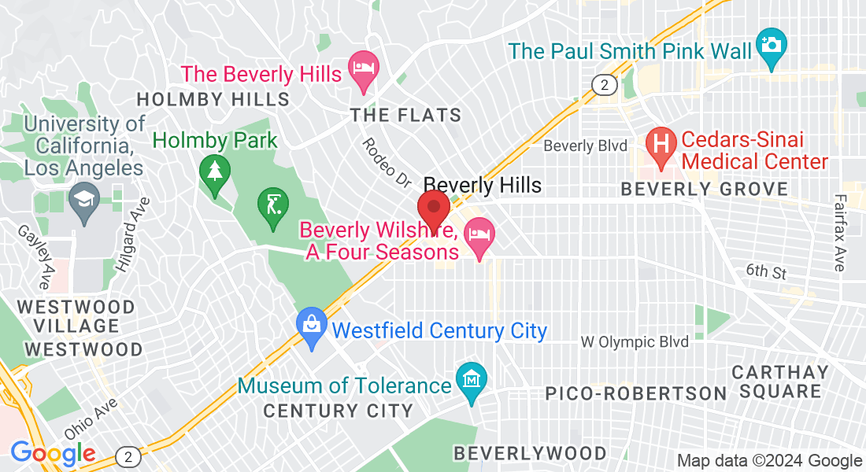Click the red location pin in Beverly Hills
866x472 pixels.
pos(433,210)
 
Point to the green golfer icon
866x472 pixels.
pos(272,207)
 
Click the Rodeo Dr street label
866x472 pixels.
pos(387,163)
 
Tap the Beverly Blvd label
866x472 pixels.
pos(586,146)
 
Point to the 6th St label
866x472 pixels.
pos(767,271)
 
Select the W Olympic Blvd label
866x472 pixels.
pos(635,341)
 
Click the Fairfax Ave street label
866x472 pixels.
pos(839,235)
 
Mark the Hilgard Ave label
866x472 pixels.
pos(129,234)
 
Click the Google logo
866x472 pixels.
pos(53,453)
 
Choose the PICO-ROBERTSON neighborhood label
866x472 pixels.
pos(636,393)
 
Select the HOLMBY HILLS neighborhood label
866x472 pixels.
pos(213,99)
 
